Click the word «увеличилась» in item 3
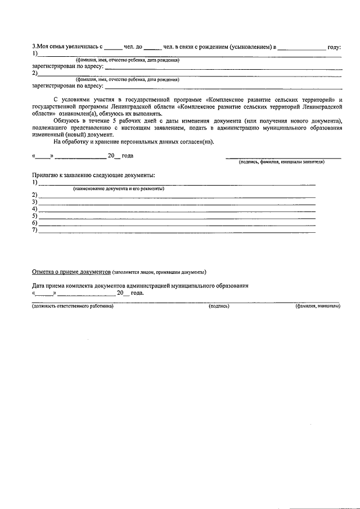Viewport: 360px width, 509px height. (84, 47)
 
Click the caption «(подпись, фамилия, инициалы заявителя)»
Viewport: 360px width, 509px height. (282, 161)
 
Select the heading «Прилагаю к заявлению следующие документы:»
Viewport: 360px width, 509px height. (93, 175)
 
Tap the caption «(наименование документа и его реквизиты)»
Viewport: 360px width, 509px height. (118, 188)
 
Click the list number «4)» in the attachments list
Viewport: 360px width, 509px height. (35, 209)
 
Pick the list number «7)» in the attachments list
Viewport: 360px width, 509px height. (35, 230)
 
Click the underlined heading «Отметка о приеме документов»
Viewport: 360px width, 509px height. (71, 272)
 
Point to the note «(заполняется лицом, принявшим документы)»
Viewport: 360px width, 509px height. (159, 272)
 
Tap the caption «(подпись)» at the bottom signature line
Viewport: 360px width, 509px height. (219, 306)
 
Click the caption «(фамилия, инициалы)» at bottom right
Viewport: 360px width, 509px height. (317, 306)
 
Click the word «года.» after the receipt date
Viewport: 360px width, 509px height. (137, 293)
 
